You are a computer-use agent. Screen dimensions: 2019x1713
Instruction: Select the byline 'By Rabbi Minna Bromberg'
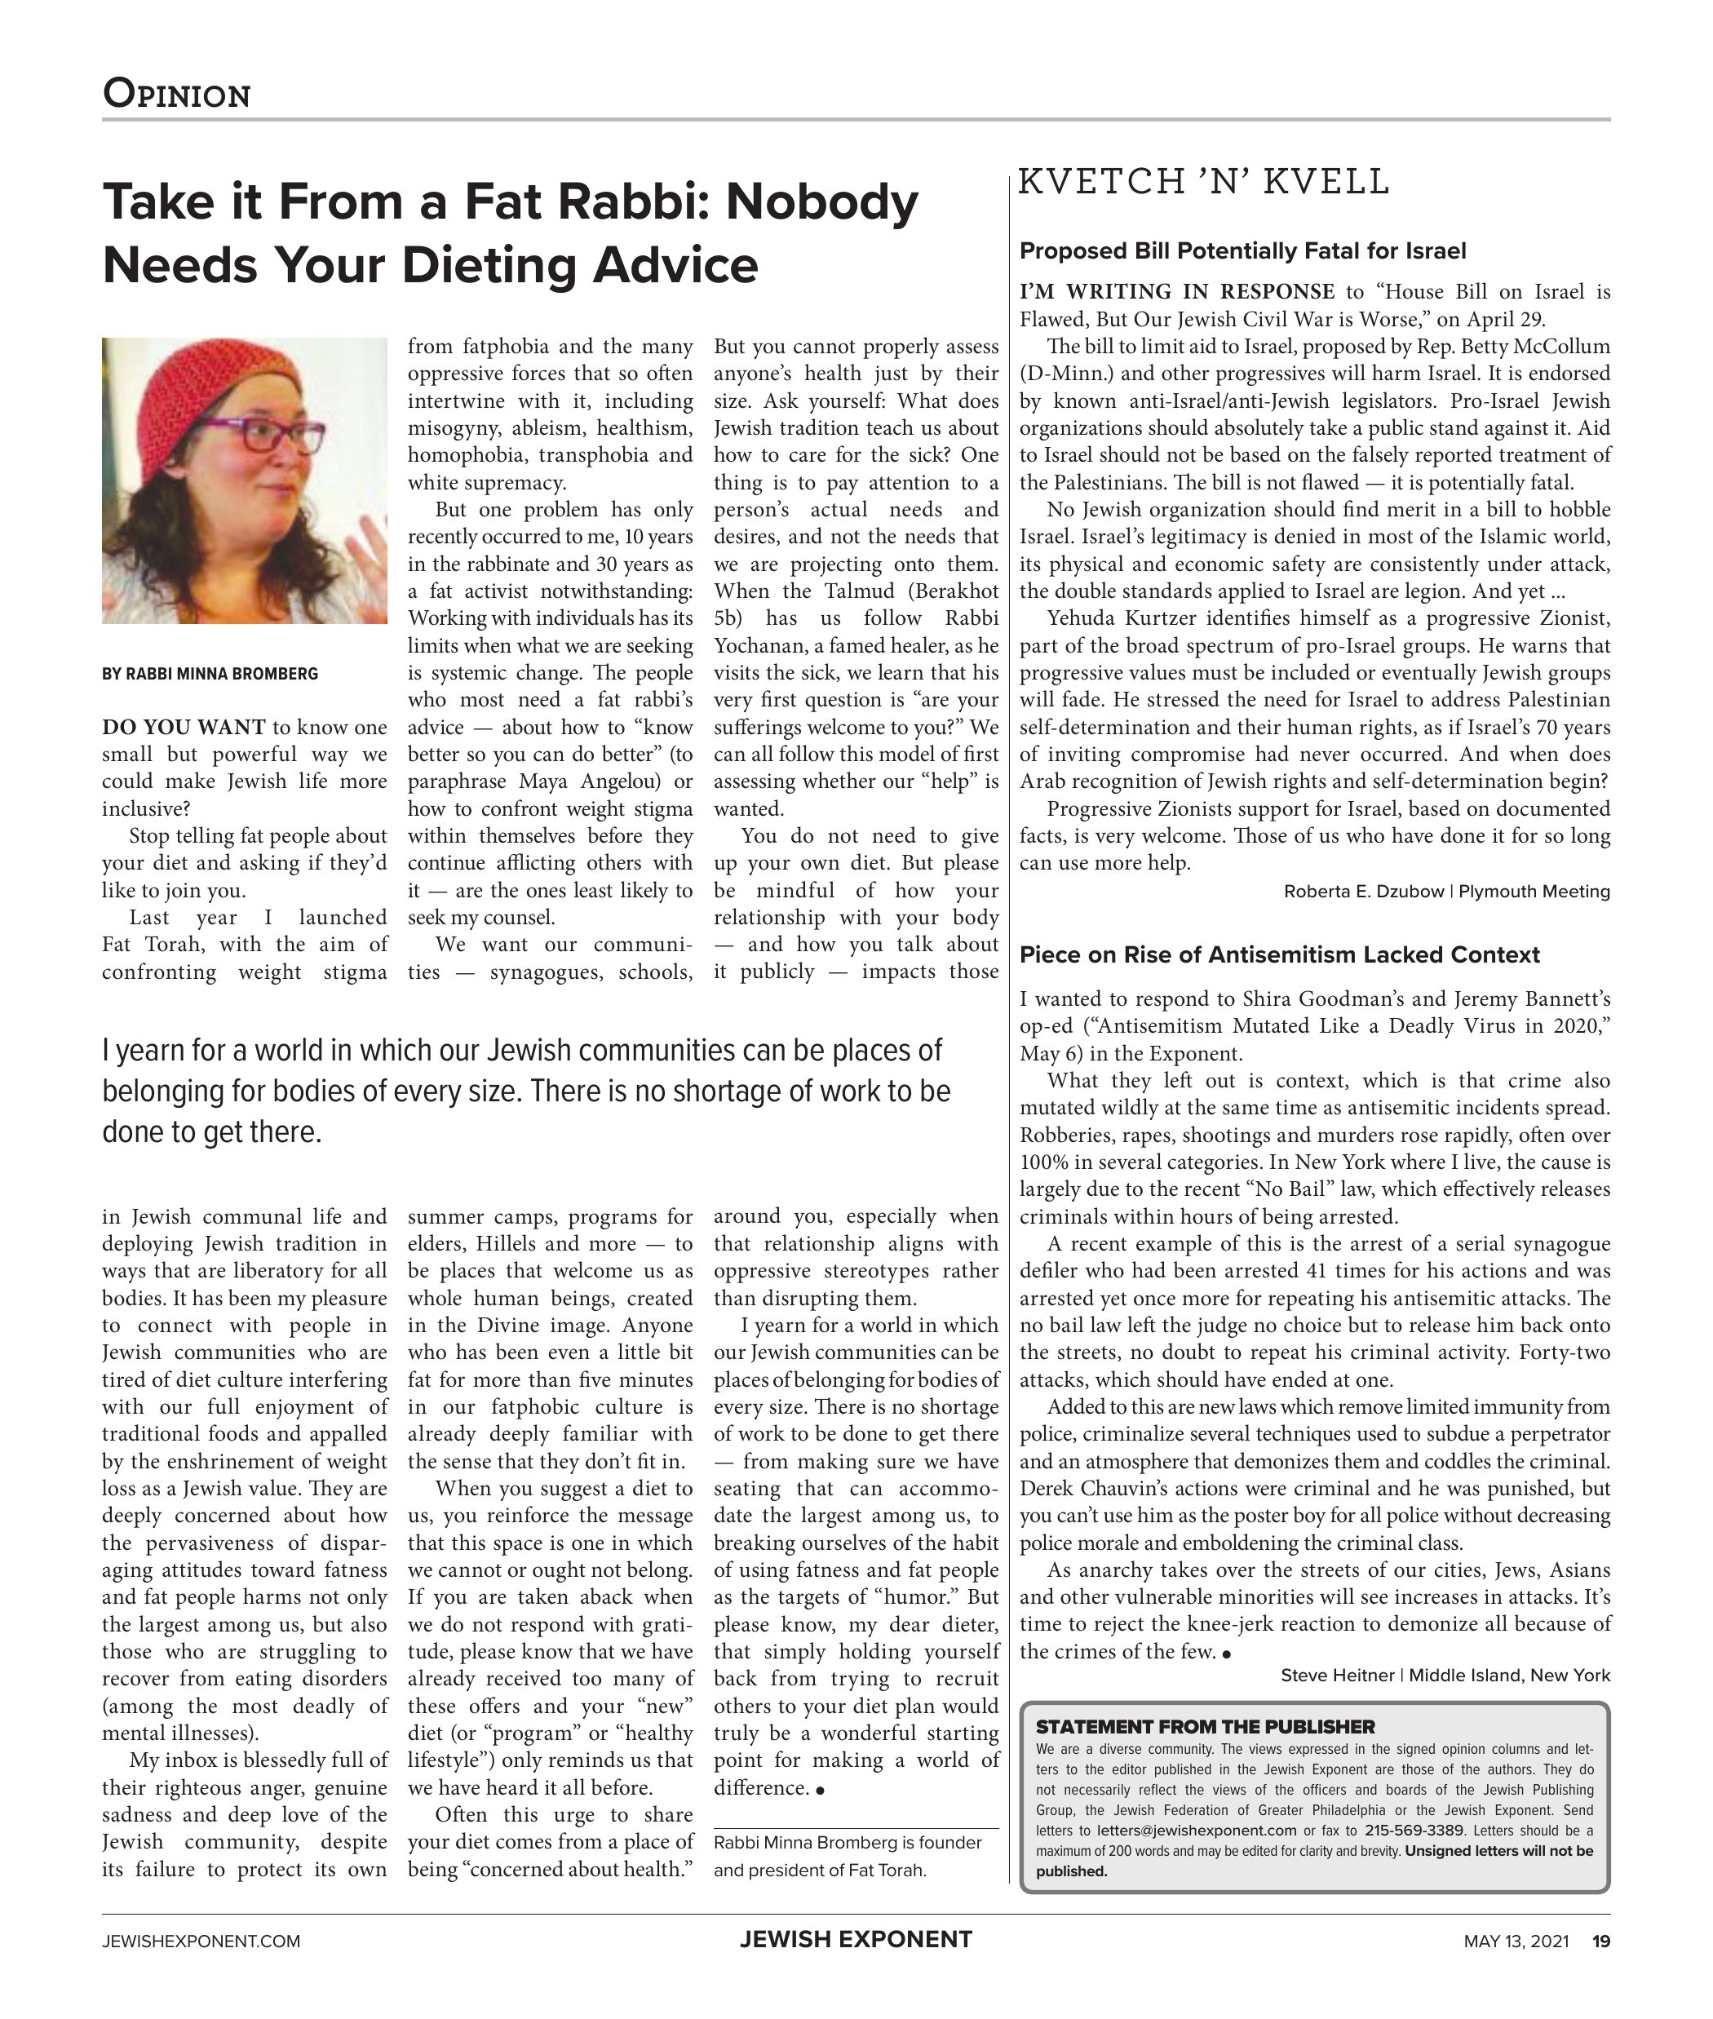click(210, 674)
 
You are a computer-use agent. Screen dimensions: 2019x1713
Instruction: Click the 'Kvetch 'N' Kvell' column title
click(1204, 182)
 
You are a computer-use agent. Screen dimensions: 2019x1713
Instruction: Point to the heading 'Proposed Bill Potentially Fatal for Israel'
click(1242, 251)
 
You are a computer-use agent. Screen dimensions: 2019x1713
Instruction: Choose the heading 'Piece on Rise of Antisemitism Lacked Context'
click(1279, 954)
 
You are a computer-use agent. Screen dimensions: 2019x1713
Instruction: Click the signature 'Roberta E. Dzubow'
click(1363, 892)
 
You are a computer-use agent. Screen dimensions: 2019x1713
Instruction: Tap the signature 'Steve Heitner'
click(1337, 1676)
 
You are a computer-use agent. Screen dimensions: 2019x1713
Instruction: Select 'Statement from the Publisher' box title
click(1205, 1727)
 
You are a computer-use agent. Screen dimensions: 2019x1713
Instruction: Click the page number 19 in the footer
click(1600, 1942)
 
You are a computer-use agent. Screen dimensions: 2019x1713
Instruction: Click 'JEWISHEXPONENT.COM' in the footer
click(201, 1942)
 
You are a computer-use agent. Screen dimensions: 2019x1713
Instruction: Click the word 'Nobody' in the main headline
click(821, 202)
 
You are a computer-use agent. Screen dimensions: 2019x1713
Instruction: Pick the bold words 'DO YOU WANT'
click(184, 728)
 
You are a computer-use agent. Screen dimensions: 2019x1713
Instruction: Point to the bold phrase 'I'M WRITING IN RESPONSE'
click(1177, 292)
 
